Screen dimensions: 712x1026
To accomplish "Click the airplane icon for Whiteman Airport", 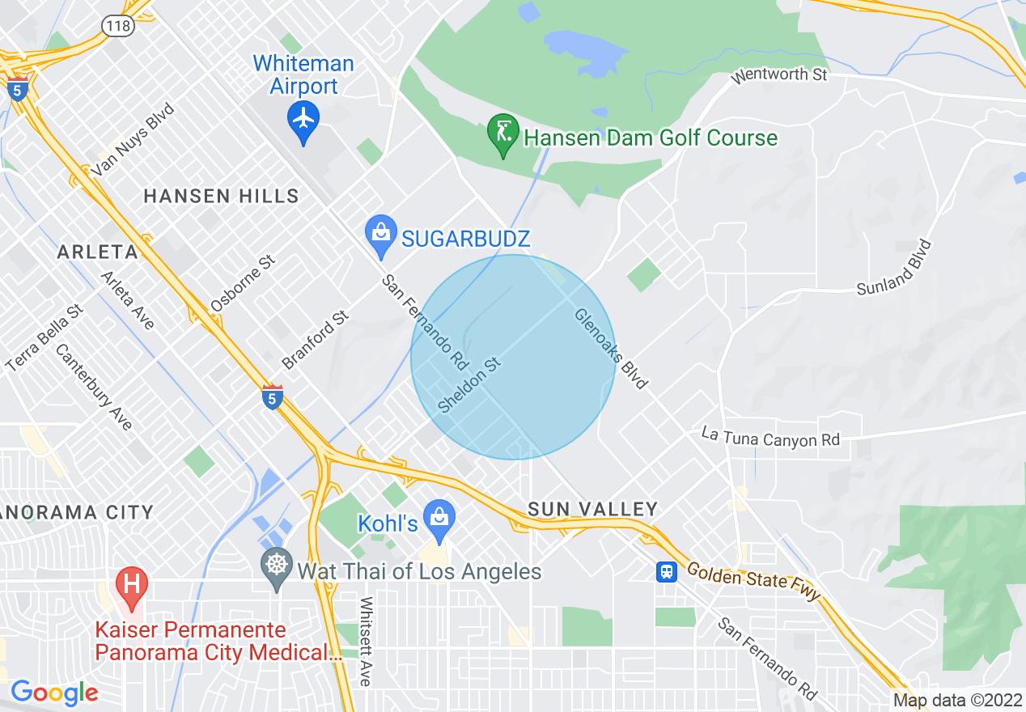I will [x=303, y=120].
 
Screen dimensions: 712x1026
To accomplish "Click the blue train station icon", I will [x=665, y=571].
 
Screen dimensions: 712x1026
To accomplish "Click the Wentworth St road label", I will [x=779, y=75].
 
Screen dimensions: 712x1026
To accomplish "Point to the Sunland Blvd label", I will [x=895, y=268].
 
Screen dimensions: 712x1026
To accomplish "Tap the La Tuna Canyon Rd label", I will [x=770, y=438].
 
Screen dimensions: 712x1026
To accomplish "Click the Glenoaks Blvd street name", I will [x=611, y=349].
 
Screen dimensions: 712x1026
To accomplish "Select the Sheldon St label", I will [x=469, y=383].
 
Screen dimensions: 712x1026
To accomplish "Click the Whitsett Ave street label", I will [x=366, y=641].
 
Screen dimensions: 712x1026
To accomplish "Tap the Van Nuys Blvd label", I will [x=134, y=139].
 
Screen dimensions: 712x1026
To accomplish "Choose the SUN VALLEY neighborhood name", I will [x=592, y=509].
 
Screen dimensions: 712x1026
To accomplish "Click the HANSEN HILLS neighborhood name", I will [x=221, y=196].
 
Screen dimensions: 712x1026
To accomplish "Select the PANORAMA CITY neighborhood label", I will [x=77, y=512].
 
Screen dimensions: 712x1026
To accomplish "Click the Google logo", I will [x=54, y=693].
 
